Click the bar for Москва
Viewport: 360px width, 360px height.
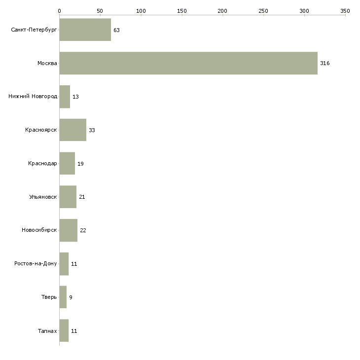[x=188, y=63]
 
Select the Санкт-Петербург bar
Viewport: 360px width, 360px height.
[x=85, y=30]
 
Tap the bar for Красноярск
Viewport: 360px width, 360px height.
[x=73, y=130]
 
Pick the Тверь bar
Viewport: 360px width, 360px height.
[x=63, y=297]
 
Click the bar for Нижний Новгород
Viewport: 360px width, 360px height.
[x=65, y=97]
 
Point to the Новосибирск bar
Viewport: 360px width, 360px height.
[x=69, y=230]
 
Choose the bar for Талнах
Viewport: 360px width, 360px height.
[x=64, y=330]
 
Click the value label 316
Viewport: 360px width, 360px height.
[x=325, y=63]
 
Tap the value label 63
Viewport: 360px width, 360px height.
[x=117, y=30]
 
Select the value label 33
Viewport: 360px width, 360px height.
[x=92, y=130]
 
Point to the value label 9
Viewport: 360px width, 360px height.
[x=71, y=297]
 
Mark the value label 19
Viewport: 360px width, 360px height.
[x=80, y=164]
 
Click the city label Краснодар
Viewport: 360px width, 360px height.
[x=42, y=163]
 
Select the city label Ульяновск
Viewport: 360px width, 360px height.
[x=43, y=197]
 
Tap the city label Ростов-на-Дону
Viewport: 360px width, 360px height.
[x=36, y=263]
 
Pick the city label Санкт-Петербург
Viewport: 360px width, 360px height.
[x=34, y=30]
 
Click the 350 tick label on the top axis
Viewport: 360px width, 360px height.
[x=345, y=11]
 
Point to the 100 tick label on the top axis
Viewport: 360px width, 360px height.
[x=141, y=11]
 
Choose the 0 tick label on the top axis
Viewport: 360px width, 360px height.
[x=60, y=11]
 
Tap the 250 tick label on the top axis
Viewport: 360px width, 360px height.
[x=263, y=11]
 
